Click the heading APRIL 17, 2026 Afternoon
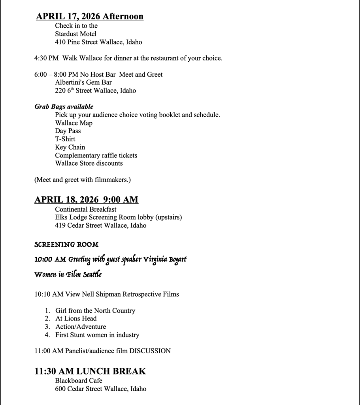pyautogui.click(x=90, y=16)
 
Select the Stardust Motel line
pyautogui.click(x=75, y=34)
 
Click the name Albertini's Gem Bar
pyautogui.click(x=83, y=82)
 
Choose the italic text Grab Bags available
pyautogui.click(x=64, y=107)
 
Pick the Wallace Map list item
pyautogui.click(x=74, y=123)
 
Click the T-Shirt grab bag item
pyautogui.click(x=65, y=139)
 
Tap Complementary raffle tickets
pyautogui.click(x=96, y=155)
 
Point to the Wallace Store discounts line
pyautogui.click(x=89, y=163)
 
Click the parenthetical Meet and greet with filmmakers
pyautogui.click(x=83, y=180)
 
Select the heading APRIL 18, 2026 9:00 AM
pyautogui.click(x=86, y=199)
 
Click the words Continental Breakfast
pyautogui.click(x=86, y=209)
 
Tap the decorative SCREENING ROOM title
pyautogui.click(x=66, y=245)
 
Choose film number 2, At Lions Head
pyautogui.click(x=76, y=318)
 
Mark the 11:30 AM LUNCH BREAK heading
pyautogui.click(x=90, y=371)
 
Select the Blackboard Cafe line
pyautogui.click(x=79, y=380)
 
